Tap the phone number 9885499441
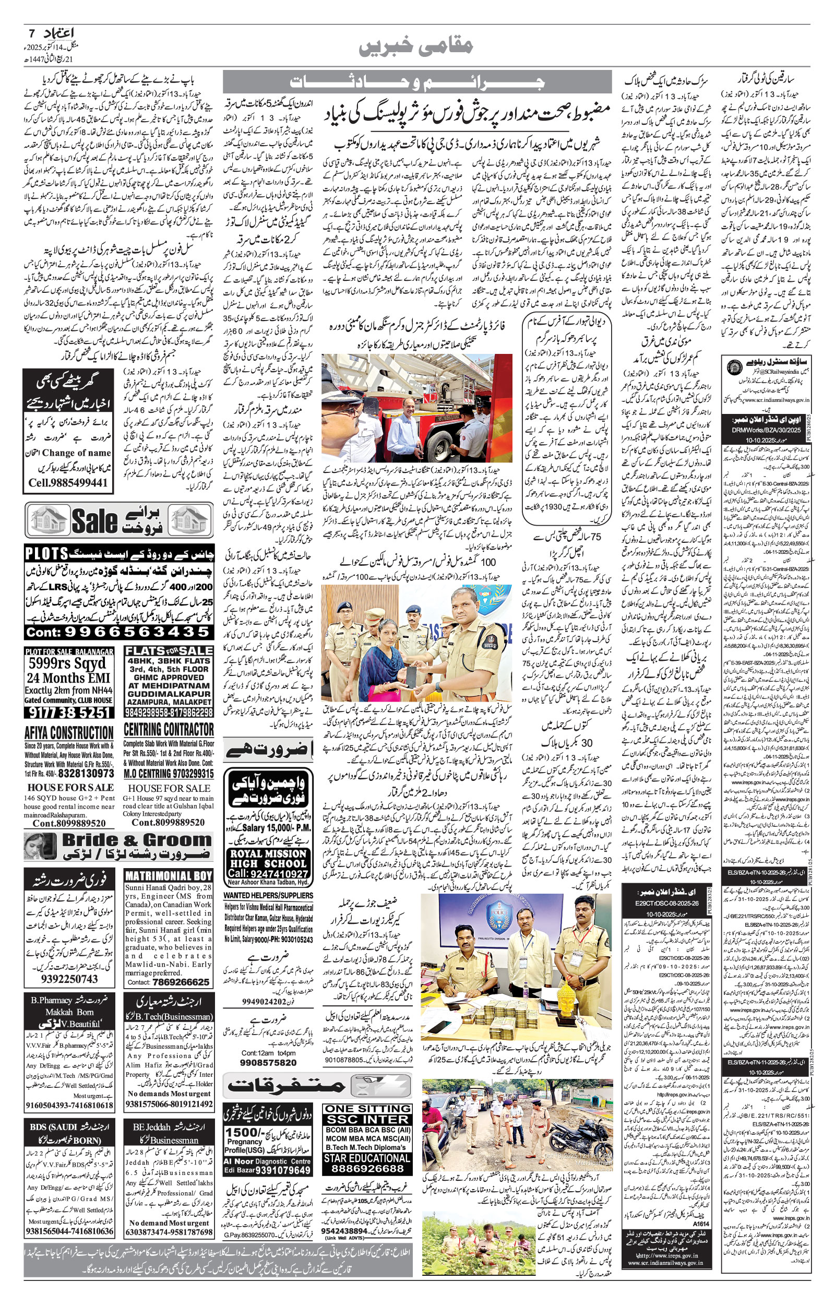point(68,482)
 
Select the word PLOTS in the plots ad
point(46,553)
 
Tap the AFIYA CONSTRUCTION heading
point(69,732)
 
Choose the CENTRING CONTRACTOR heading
point(169,729)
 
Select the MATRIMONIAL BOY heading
point(169,875)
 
